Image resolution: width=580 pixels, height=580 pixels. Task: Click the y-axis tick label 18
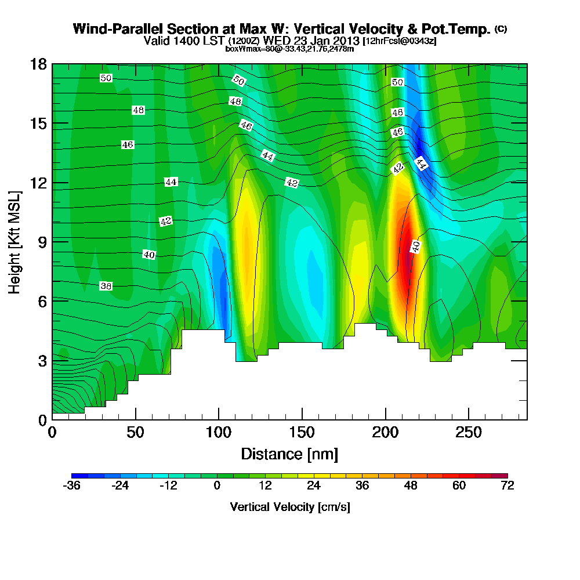pyautogui.click(x=38, y=64)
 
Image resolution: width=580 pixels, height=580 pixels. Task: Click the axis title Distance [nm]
pyautogui.click(x=289, y=454)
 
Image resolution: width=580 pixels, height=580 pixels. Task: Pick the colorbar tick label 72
pyautogui.click(x=507, y=486)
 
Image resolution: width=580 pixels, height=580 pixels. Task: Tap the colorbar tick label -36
pyautogui.click(x=71, y=486)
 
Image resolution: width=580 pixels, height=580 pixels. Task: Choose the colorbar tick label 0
pyautogui.click(x=217, y=486)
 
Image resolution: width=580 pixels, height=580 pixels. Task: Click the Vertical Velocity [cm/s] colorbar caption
pyautogui.click(x=289, y=507)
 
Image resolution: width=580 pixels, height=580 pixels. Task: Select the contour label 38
pyautogui.click(x=106, y=286)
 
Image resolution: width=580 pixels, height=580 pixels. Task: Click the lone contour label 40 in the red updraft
pyautogui.click(x=415, y=246)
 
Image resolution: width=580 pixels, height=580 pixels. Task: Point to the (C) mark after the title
pyautogui.click(x=501, y=29)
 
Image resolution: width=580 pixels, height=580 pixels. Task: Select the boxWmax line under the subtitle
pyautogui.click(x=289, y=49)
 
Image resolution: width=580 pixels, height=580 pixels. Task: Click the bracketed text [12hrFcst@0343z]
pyautogui.click(x=399, y=41)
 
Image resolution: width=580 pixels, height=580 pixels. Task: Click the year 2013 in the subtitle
pyautogui.click(x=345, y=41)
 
